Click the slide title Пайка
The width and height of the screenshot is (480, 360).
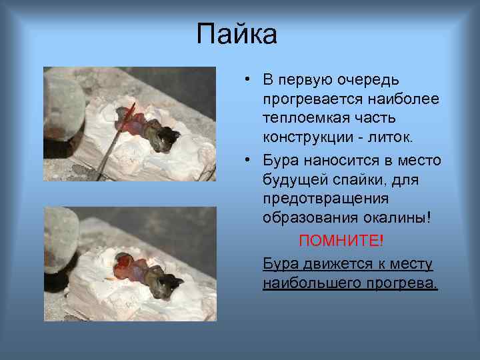237,34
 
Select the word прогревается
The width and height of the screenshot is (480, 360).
305,99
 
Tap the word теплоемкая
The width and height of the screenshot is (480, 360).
299,118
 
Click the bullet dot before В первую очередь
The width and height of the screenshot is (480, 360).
246,80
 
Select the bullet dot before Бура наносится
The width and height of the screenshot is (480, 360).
246,161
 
